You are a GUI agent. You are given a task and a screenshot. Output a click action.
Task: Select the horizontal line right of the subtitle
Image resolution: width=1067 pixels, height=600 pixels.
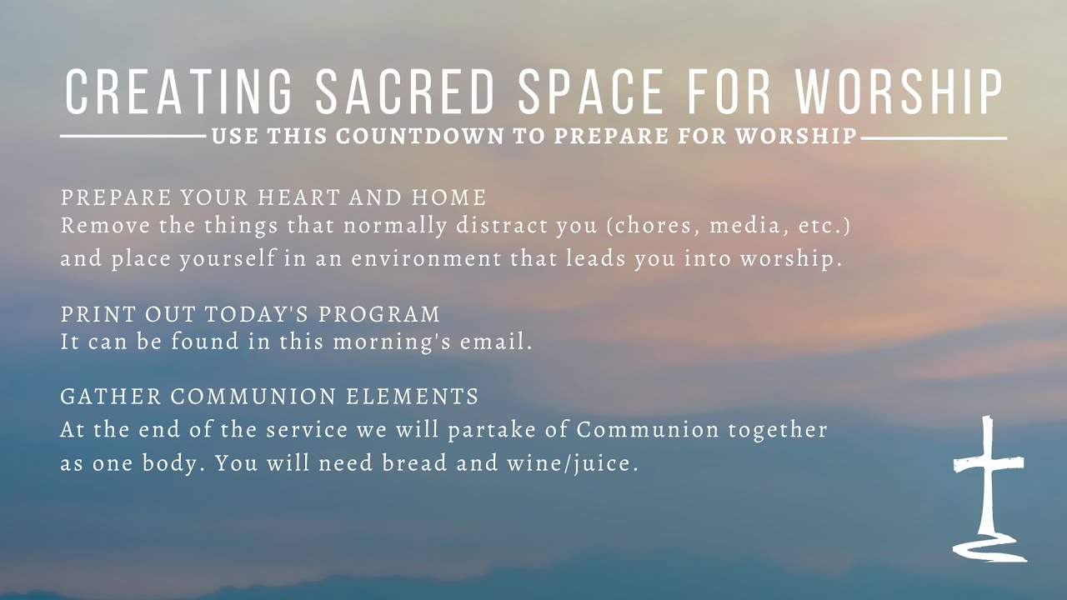(934, 137)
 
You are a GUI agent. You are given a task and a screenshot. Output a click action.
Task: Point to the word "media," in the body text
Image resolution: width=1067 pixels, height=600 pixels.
(734, 226)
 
